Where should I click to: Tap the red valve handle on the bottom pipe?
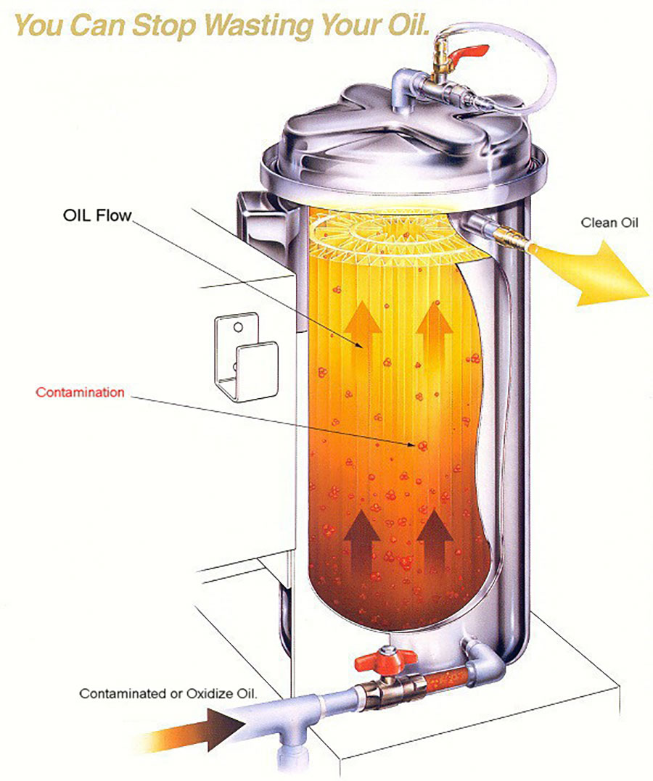[385, 659]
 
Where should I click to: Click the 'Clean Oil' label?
[609, 223]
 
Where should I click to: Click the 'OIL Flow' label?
[97, 215]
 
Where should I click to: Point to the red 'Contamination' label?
[80, 392]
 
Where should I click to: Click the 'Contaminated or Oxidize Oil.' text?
[168, 693]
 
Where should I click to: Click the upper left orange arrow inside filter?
[363, 326]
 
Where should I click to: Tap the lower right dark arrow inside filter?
[435, 540]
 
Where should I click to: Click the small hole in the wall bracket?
[238, 327]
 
